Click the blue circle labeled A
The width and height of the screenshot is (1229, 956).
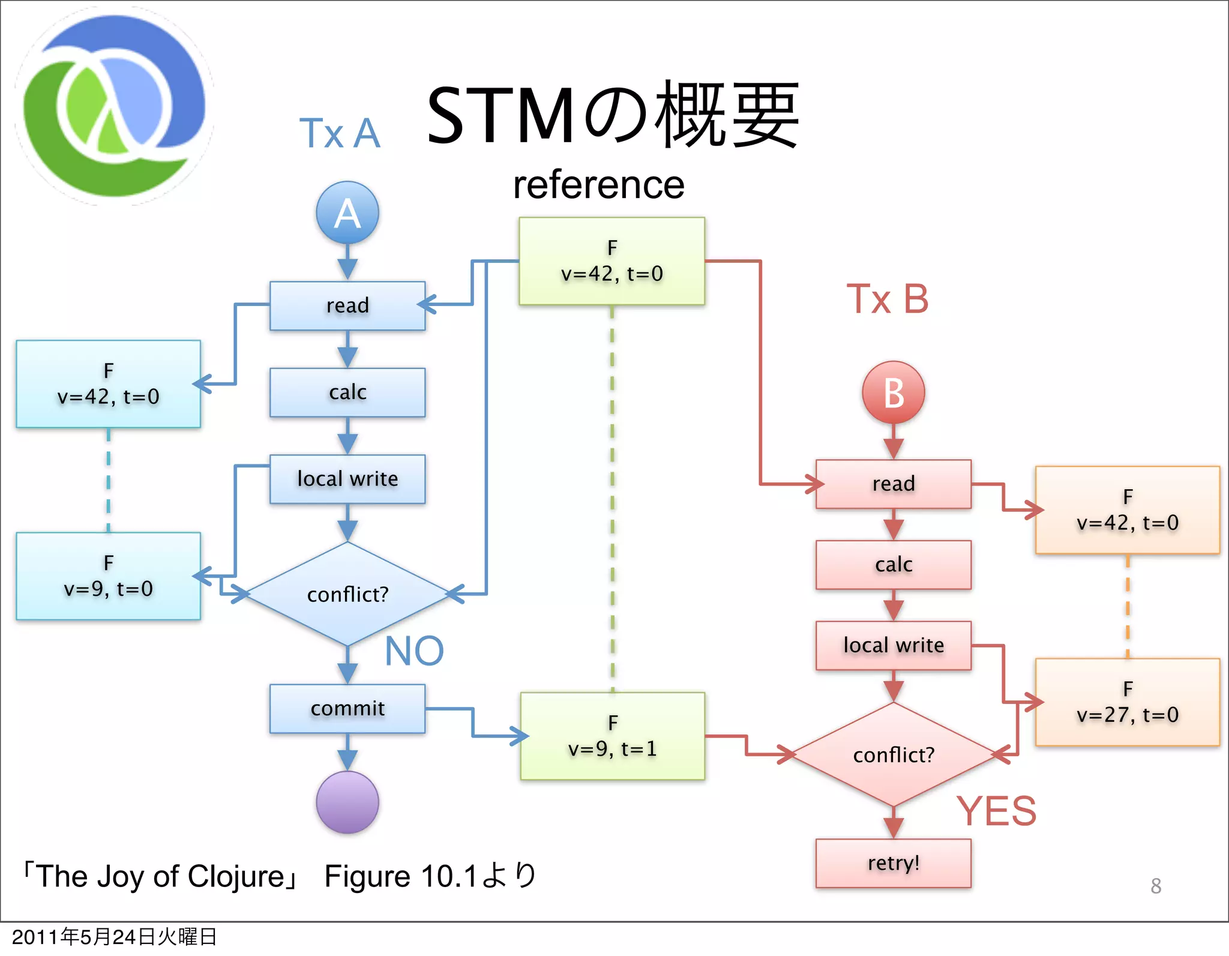[347, 212]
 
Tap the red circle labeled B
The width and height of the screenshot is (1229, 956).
[893, 392]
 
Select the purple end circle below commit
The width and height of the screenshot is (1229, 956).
[347, 802]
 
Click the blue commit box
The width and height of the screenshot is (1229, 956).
[347, 708]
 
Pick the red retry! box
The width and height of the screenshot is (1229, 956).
[893, 862]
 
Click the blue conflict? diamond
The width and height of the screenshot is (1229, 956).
[347, 594]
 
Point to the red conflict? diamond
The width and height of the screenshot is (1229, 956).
[893, 754]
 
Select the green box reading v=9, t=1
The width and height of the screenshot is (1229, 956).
[612, 736]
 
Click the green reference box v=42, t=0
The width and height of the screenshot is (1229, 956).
[611, 261]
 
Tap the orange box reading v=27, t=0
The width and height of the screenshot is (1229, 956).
[1127, 702]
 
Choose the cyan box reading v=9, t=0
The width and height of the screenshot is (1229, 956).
[108, 576]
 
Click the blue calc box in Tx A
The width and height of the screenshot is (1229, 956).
[347, 392]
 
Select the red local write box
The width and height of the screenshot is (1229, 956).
[893, 645]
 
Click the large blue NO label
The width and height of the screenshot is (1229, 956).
[414, 651]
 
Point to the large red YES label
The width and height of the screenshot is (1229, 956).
[996, 811]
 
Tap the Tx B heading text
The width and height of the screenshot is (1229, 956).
[887, 299]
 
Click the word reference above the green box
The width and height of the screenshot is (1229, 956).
[598, 185]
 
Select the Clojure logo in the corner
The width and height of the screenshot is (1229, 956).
[114, 107]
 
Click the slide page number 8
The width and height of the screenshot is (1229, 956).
[1156, 886]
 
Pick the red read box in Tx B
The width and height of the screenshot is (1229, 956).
[893, 484]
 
